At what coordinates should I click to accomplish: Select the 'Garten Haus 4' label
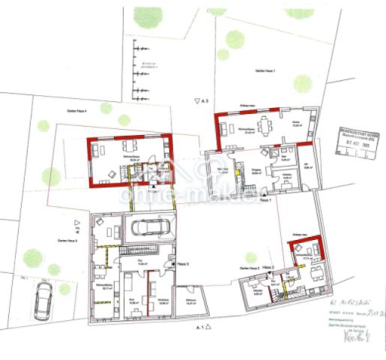tap(76, 110)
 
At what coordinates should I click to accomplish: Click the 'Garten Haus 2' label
tap(250, 267)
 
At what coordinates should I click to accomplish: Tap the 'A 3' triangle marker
tap(199, 100)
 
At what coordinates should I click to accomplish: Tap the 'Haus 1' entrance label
tap(263, 199)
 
